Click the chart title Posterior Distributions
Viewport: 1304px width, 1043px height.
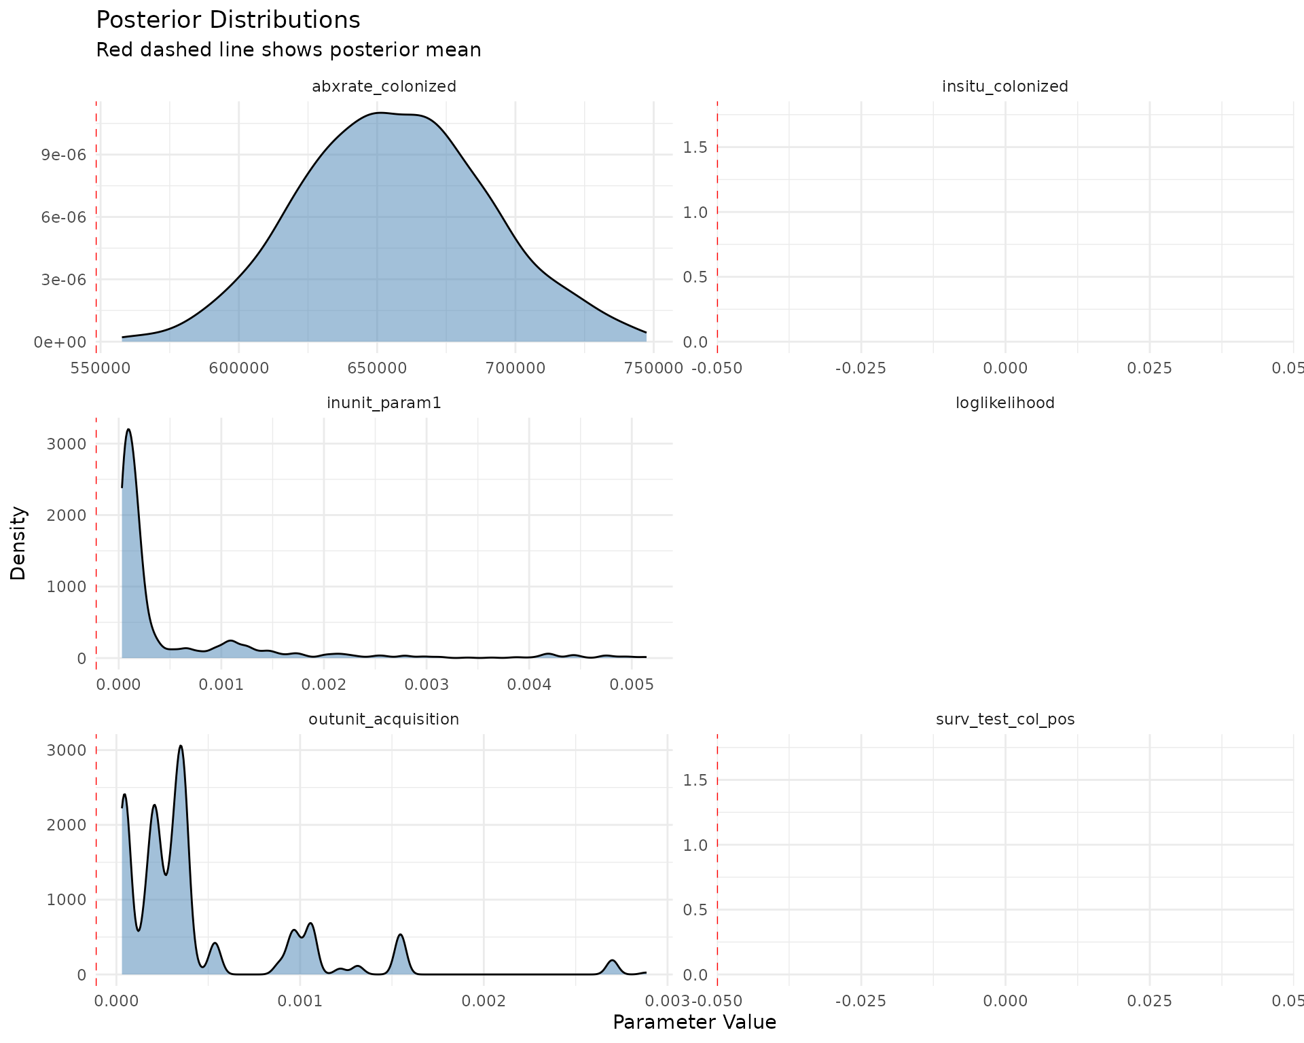(x=228, y=20)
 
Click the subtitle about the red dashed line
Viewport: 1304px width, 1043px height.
(x=288, y=50)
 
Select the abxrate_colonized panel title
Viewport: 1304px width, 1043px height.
(x=384, y=86)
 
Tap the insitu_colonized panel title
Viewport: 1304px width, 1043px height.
(x=1004, y=86)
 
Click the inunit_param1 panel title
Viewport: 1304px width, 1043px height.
(x=384, y=403)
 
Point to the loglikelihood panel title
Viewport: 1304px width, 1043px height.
(x=1004, y=403)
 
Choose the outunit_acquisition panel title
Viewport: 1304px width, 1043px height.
(x=384, y=719)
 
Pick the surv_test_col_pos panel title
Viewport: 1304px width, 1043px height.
(x=1004, y=719)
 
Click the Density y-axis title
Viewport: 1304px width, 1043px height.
(x=18, y=543)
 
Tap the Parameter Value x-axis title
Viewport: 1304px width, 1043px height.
(x=694, y=1022)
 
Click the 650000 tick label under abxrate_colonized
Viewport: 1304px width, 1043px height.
(x=377, y=368)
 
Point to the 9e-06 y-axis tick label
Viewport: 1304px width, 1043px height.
(x=64, y=155)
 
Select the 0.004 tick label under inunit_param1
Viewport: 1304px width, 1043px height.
(x=529, y=684)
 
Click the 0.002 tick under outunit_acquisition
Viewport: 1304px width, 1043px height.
(x=484, y=1001)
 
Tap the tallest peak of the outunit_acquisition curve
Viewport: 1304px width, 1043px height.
(x=181, y=746)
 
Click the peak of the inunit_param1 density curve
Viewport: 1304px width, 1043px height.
(x=128, y=430)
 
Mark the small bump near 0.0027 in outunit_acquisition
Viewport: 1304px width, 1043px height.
(x=613, y=961)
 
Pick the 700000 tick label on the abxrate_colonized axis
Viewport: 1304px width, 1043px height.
(x=515, y=368)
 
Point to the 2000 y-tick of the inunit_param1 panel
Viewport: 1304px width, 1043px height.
(x=67, y=515)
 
